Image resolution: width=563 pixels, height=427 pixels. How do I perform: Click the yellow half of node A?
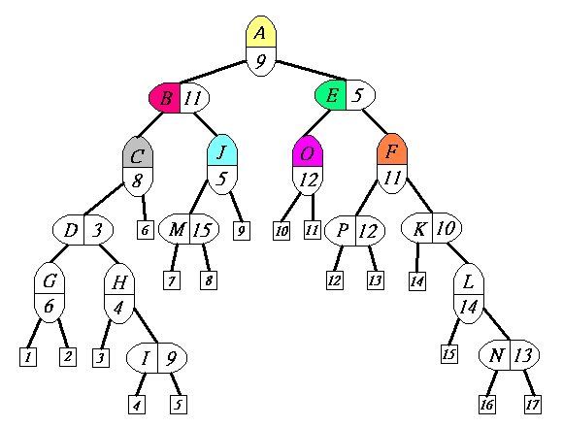261,32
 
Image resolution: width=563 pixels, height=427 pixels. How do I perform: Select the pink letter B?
166,98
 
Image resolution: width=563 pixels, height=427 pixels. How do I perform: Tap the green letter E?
331,95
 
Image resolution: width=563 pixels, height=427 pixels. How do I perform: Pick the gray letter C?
137,156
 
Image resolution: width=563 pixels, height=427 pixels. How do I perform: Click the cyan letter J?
222,151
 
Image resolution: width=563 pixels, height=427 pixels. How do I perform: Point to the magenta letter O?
307,153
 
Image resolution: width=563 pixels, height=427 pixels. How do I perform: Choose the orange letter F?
391,151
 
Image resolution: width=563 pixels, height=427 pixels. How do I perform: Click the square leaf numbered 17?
533,405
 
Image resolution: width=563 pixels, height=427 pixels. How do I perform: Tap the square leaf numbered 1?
28,357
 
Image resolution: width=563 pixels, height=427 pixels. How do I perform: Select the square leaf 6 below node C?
146,230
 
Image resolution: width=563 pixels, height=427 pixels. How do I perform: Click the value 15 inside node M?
202,230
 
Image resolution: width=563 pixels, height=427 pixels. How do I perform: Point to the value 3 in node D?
97,230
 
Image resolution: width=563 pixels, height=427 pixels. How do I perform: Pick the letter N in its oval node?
496,355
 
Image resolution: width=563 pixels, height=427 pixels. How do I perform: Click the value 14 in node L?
469,307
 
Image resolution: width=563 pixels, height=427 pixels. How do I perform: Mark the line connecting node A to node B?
213,72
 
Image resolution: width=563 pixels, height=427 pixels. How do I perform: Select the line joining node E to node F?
375,121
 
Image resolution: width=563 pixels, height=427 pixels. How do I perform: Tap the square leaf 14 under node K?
417,281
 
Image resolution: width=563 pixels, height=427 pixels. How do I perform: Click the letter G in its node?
50,280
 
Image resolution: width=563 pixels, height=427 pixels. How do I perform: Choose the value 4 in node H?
118,308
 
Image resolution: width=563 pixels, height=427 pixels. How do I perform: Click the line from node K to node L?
457,253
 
